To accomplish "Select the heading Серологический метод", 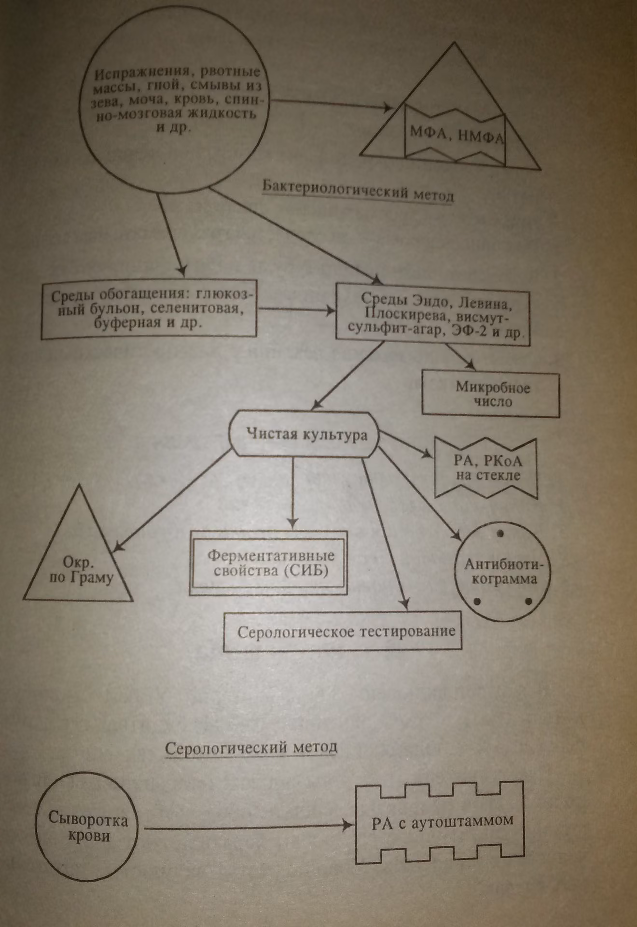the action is pos(251,747).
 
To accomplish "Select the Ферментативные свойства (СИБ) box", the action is pos(269,562).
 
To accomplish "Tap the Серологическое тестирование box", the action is pos(343,632).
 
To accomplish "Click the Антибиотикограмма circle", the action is pos(502,574).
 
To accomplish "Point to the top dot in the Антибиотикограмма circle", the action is pos(500,533).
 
